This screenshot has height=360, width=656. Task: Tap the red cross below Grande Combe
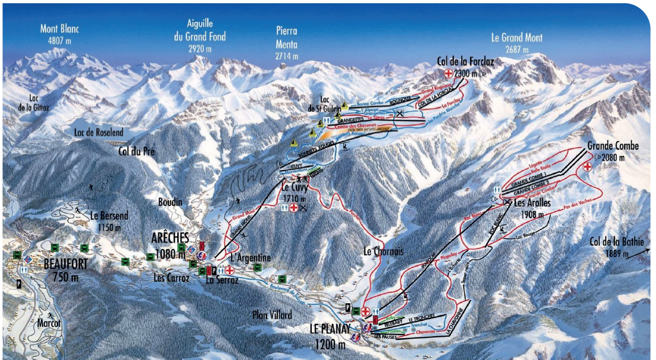tap(588, 167)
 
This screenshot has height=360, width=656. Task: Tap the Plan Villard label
tap(272, 315)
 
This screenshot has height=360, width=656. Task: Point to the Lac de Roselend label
tap(98, 133)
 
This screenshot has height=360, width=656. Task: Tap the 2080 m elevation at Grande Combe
tap(613, 157)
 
